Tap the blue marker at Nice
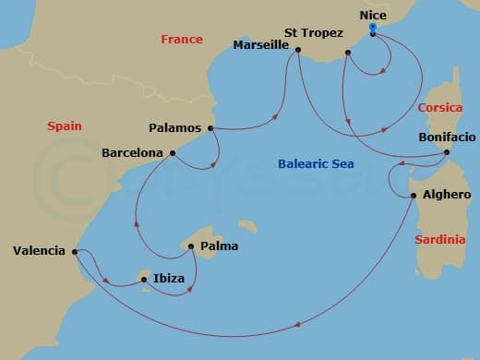click(x=372, y=29)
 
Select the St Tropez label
click(x=309, y=32)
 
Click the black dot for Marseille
click(x=297, y=52)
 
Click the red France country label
click(x=181, y=40)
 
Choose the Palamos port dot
click(x=211, y=128)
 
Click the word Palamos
click(x=176, y=128)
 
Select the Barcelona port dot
click(x=172, y=152)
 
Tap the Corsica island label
click(x=440, y=107)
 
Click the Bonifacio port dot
click(x=447, y=152)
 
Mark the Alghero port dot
click(x=413, y=195)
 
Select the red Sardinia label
click(x=439, y=239)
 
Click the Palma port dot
click(x=190, y=246)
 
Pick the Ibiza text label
click(x=169, y=278)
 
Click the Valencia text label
click(x=39, y=250)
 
